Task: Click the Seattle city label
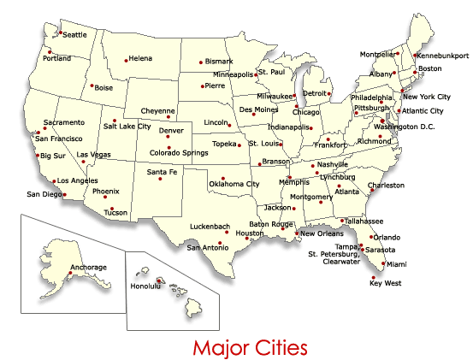point(75,35)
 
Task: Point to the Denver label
point(171,131)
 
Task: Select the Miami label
point(394,264)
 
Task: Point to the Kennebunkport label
point(442,56)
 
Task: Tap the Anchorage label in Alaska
point(89,268)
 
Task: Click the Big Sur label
point(52,156)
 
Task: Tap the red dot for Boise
point(92,86)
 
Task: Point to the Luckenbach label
point(210,227)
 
